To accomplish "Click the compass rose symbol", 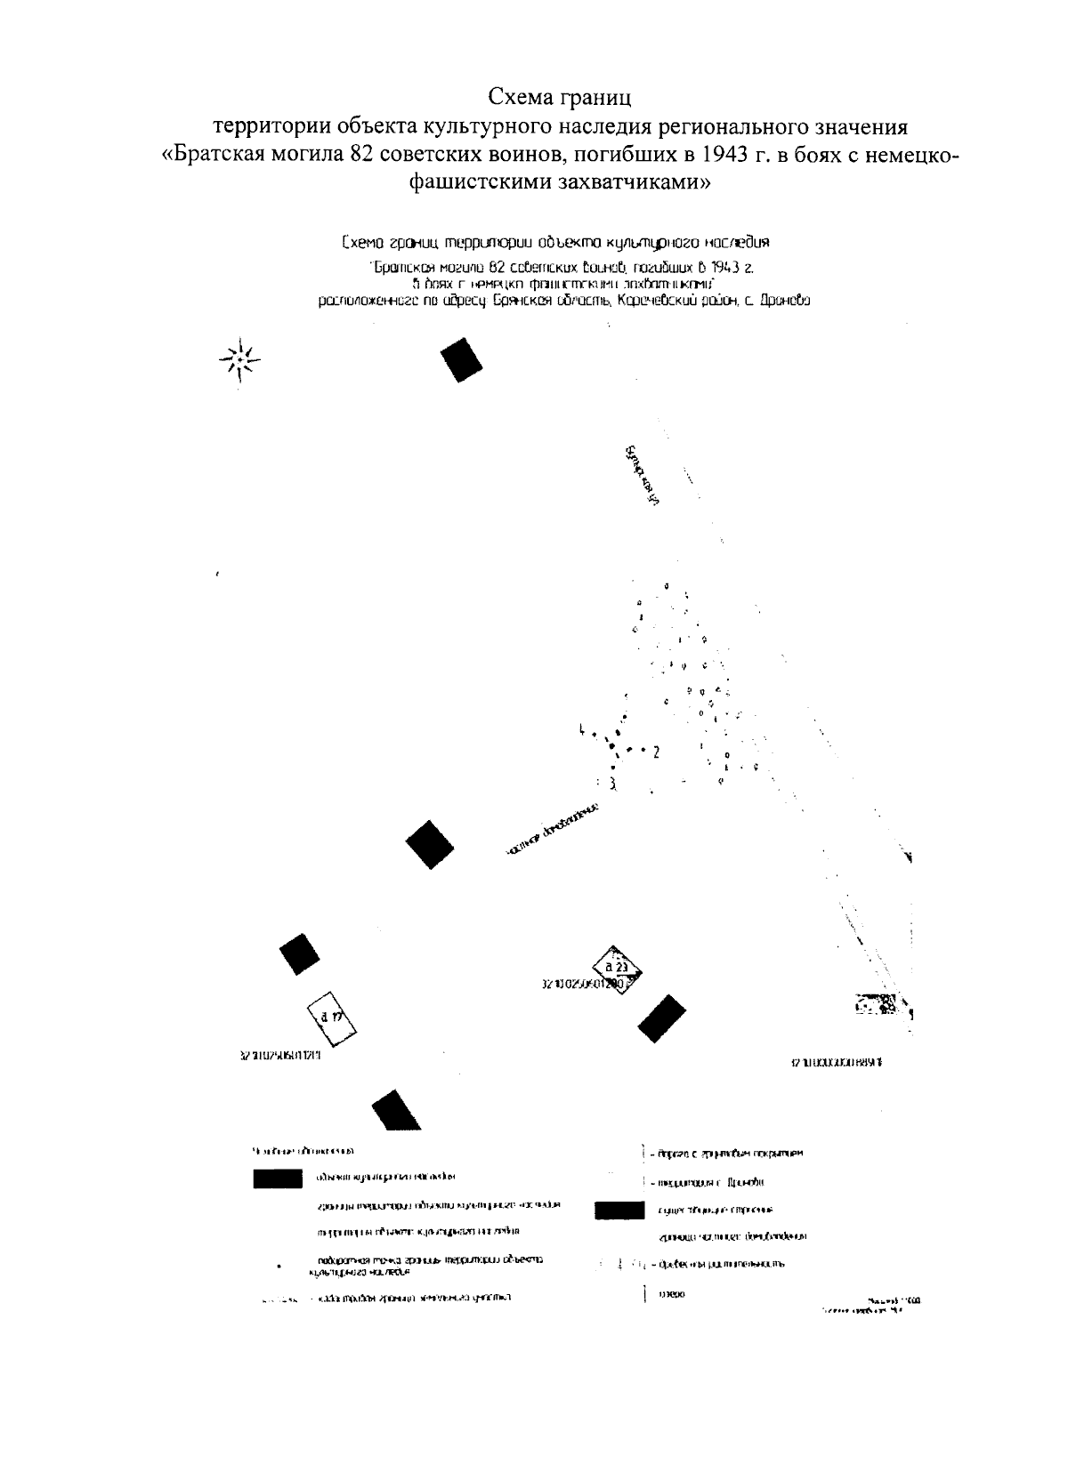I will tap(239, 360).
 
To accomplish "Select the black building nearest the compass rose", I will tap(462, 359).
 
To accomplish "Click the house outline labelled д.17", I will tap(331, 1016).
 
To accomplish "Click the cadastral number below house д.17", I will tap(279, 1057).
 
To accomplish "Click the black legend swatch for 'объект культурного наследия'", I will tap(278, 1178).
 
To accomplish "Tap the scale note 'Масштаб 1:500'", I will tap(899, 1299).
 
